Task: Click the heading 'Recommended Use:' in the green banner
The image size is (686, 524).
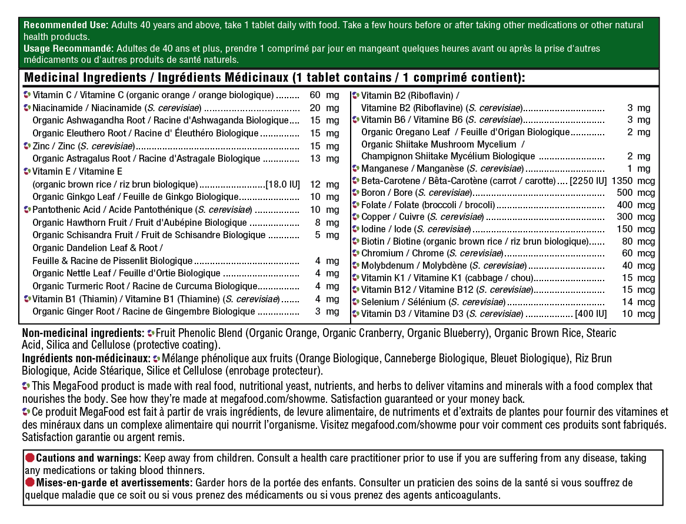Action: tap(65, 25)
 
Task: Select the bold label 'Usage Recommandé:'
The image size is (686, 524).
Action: tap(68, 49)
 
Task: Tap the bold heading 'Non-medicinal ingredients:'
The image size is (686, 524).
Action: tap(83, 333)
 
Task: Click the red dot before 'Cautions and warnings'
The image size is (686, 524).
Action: tap(29, 458)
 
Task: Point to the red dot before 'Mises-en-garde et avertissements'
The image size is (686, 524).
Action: tap(29, 483)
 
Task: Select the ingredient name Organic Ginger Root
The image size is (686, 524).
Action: tap(74, 312)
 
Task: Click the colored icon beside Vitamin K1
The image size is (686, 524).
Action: tap(356, 278)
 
